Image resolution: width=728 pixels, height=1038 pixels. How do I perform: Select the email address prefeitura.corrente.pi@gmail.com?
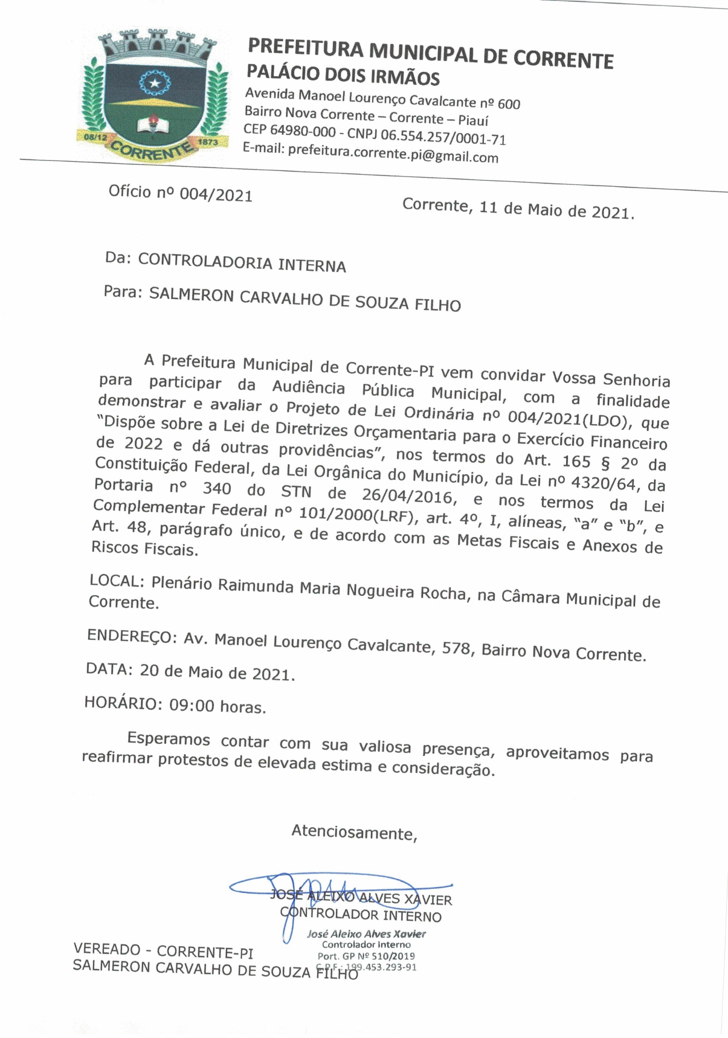point(393,153)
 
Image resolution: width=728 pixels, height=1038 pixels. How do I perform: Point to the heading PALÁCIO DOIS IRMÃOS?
point(343,75)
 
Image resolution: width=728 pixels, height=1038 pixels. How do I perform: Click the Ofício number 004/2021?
point(216,195)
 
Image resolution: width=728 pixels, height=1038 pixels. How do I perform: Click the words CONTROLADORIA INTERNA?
point(242,263)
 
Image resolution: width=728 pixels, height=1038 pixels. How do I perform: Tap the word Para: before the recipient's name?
point(123,292)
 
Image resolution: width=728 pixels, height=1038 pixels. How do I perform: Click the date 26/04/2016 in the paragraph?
point(407,496)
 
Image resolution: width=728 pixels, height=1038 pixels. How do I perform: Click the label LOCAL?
point(117,581)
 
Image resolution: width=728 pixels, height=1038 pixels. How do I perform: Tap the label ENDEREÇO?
point(132,636)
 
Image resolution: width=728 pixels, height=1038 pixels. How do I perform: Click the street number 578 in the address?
point(456,649)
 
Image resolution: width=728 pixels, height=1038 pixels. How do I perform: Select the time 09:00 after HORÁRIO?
point(192,705)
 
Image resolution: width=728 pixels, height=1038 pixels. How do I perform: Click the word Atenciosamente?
point(353,832)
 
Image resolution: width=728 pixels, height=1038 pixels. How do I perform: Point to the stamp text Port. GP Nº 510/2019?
point(366,956)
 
